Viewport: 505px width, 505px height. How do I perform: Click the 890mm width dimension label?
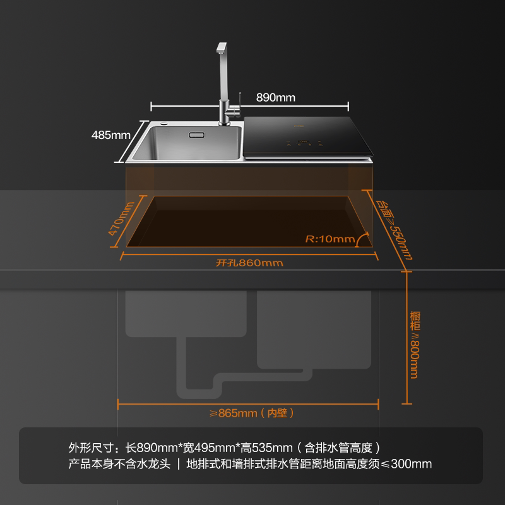[276, 97]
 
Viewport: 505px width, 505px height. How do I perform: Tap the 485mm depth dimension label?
[110, 134]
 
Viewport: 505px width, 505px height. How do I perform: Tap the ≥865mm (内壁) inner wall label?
[252, 413]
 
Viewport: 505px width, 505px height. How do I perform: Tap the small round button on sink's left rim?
[163, 123]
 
